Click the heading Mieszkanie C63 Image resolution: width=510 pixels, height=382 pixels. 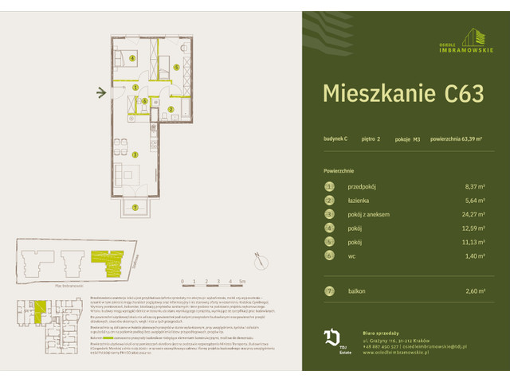pos(402,94)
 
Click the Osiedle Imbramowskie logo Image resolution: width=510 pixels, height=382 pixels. pos(471,37)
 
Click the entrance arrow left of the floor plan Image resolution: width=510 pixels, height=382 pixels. pos(101,93)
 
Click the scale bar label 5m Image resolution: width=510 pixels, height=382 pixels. pos(242,282)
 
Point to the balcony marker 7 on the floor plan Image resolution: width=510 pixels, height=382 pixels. pos(135,208)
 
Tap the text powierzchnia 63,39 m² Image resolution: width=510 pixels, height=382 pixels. pos(456,139)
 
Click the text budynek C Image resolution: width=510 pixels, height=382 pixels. pos(335,139)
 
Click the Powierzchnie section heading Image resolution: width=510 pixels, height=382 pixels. pos(339,171)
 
